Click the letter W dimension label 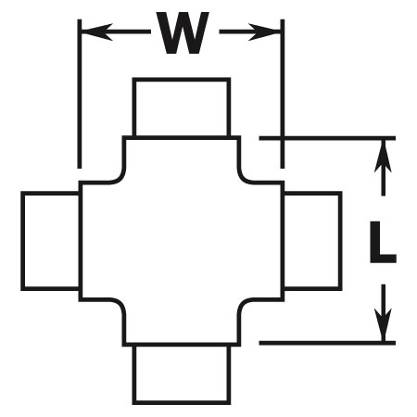pos(183,33)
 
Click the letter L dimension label pos(383,242)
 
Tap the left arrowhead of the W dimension pos(96,32)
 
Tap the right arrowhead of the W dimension pos(264,32)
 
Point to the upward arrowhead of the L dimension pos(383,156)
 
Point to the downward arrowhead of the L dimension pos(383,324)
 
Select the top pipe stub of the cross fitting pos(182,107)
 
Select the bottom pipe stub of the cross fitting pos(182,374)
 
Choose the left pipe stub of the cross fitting pos(50,241)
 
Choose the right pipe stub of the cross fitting pos(312,241)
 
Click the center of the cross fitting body pos(182,241)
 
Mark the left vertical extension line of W pos(80,94)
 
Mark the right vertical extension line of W pos(283,94)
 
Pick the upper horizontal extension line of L pos(327,138)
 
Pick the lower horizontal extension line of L pos(327,343)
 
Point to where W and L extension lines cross pos(283,138)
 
